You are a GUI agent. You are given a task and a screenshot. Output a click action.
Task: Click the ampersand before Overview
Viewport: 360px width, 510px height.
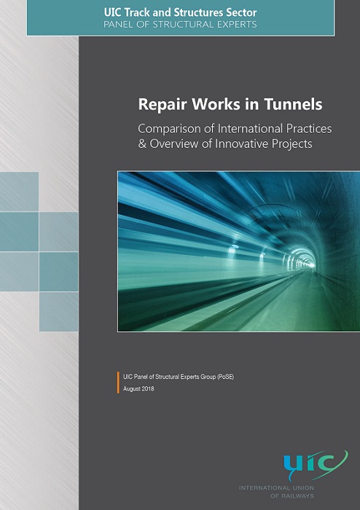pos(142,144)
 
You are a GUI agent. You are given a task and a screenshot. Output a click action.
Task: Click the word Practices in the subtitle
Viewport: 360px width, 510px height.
pos(309,128)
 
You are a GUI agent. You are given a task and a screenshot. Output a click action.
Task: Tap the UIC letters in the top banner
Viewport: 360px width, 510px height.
pos(112,12)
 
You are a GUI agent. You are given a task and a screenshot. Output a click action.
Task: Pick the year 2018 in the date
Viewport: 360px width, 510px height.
pos(148,388)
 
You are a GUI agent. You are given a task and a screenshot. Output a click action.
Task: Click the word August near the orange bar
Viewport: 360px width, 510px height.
pos(132,389)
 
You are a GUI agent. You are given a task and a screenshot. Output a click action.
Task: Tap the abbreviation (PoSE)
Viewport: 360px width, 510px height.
pos(226,377)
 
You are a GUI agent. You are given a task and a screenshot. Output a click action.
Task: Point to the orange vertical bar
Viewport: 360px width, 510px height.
pos(118,382)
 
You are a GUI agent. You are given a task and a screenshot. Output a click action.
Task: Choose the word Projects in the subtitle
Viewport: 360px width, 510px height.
pos(294,144)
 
